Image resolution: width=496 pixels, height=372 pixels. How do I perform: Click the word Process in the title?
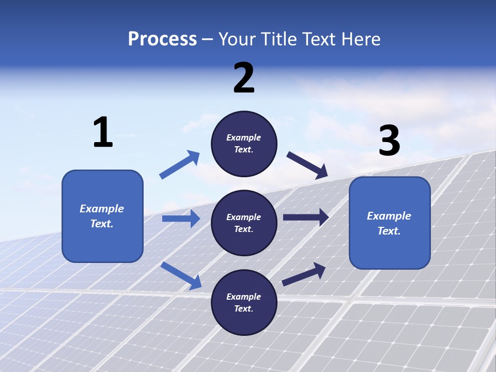tap(162, 39)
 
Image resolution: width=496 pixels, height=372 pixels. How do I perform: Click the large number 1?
tap(103, 133)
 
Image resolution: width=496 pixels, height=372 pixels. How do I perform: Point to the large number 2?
tap(244, 78)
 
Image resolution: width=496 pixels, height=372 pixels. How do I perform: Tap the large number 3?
tap(389, 141)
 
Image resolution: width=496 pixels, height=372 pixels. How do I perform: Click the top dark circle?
tap(244, 144)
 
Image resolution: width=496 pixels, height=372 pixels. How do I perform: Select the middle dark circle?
tap(244, 223)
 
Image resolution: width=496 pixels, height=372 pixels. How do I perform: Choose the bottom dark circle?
tap(244, 303)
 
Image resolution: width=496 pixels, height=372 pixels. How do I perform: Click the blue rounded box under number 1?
tap(102, 216)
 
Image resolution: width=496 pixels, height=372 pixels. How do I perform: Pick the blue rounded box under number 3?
tap(390, 223)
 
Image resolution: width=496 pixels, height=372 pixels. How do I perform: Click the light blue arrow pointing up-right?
tap(180, 165)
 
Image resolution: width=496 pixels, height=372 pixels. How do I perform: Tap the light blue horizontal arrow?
tap(181, 219)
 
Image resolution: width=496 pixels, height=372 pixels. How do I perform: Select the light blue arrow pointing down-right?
tap(181, 275)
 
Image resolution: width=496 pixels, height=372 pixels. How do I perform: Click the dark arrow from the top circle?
tap(307, 165)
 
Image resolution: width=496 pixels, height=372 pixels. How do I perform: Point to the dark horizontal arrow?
tap(306, 217)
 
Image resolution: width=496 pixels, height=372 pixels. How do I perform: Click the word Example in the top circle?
tap(244, 137)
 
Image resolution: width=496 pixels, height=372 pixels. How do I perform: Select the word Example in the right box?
tap(389, 216)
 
